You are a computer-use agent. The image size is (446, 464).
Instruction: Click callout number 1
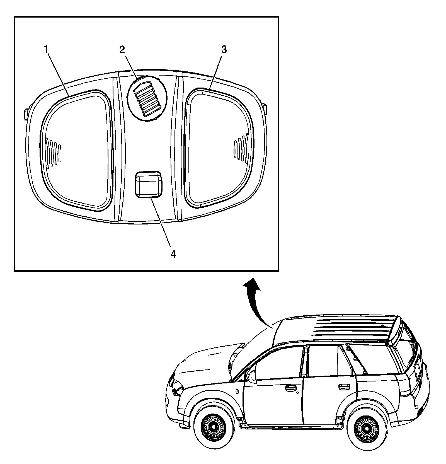[46, 50]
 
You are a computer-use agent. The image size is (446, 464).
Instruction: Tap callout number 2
[122, 50]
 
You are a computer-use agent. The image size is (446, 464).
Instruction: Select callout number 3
[224, 50]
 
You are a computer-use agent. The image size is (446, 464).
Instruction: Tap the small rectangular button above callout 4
[148, 184]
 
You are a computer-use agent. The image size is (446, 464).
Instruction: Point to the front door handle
[291, 388]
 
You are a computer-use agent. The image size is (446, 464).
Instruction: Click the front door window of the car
[279, 362]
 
